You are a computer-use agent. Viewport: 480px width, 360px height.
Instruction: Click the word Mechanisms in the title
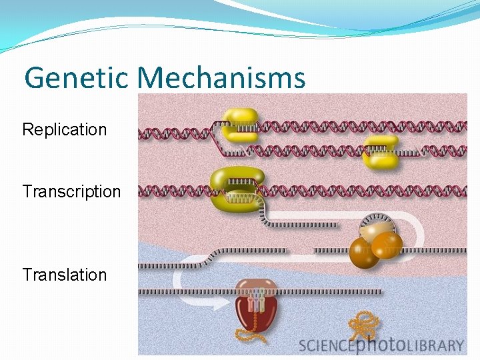coord(221,78)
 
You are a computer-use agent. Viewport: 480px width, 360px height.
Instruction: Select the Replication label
coord(65,129)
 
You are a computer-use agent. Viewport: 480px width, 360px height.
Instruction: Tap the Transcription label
coord(71,192)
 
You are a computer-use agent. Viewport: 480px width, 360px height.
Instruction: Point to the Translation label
coord(65,275)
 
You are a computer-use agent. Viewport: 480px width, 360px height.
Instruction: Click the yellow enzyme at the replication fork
coord(240,125)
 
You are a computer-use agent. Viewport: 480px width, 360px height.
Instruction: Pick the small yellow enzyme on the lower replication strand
coord(381,152)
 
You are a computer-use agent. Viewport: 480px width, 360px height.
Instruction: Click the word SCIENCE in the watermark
coord(328,345)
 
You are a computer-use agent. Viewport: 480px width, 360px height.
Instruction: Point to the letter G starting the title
coord(34,78)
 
